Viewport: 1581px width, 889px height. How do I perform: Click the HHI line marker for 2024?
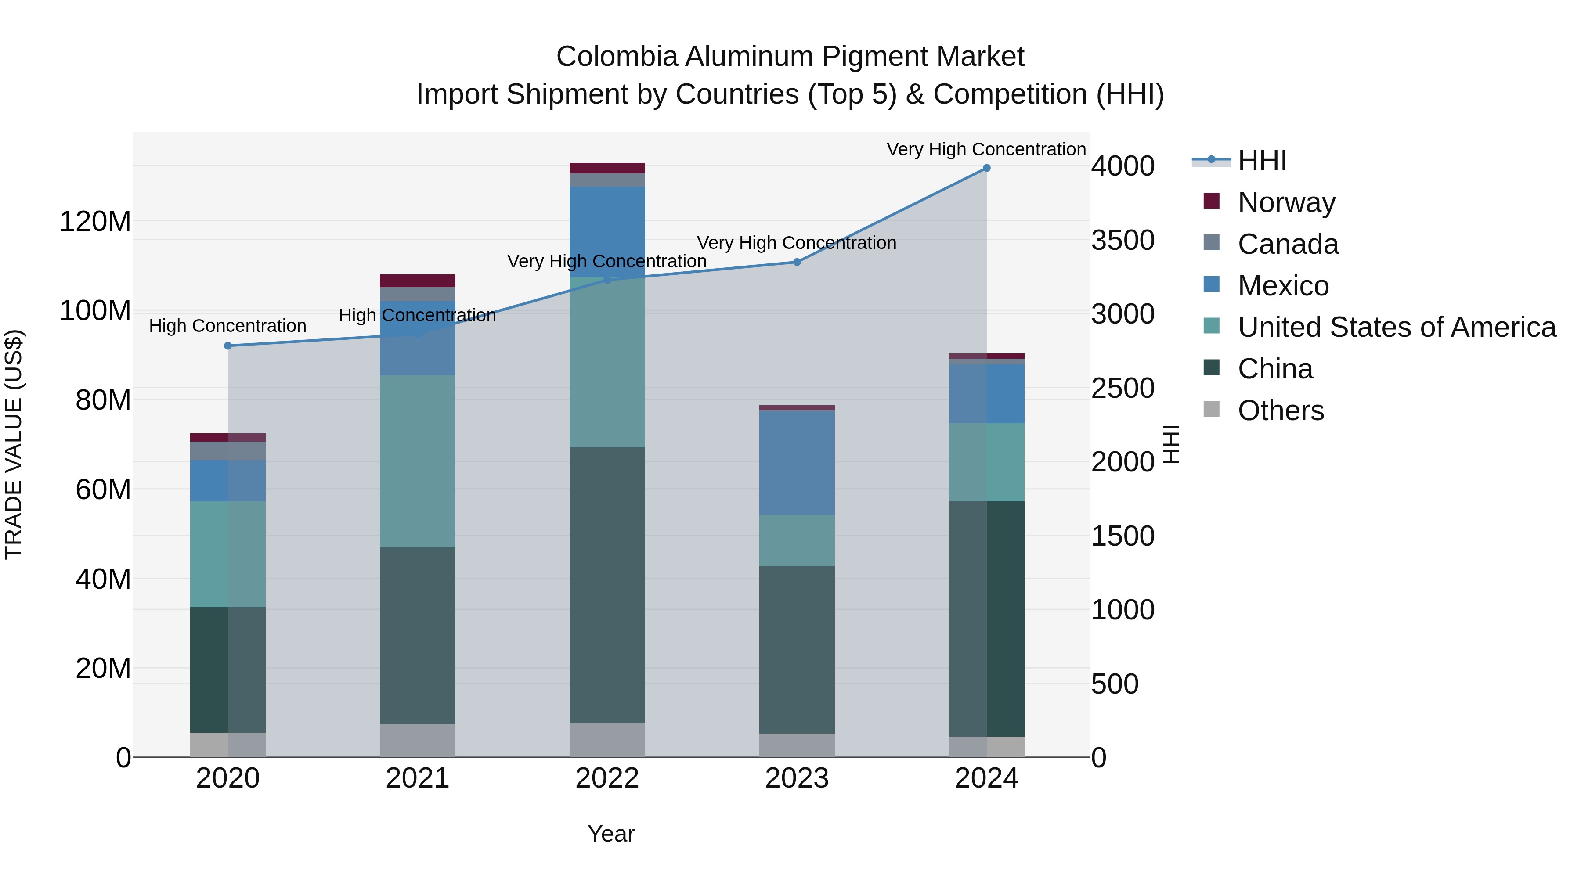[986, 168]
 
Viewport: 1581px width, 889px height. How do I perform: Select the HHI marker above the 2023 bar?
[797, 262]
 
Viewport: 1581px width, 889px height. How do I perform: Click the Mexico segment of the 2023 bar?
[797, 463]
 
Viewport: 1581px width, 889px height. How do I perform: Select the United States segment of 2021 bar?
[417, 461]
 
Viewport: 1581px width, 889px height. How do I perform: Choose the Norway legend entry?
[1286, 202]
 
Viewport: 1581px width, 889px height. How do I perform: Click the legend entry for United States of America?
[1396, 327]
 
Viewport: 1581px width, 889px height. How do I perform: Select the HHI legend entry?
[1262, 161]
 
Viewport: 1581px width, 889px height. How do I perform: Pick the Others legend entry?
[1280, 410]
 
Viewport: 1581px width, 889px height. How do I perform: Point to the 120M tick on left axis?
[95, 222]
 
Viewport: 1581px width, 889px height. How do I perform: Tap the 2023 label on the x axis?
[797, 778]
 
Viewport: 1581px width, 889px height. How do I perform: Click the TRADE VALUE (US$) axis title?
[14, 444]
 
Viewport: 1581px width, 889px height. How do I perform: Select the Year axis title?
[611, 834]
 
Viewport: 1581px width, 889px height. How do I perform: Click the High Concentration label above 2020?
[227, 326]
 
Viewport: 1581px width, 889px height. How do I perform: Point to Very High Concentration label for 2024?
[986, 149]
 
